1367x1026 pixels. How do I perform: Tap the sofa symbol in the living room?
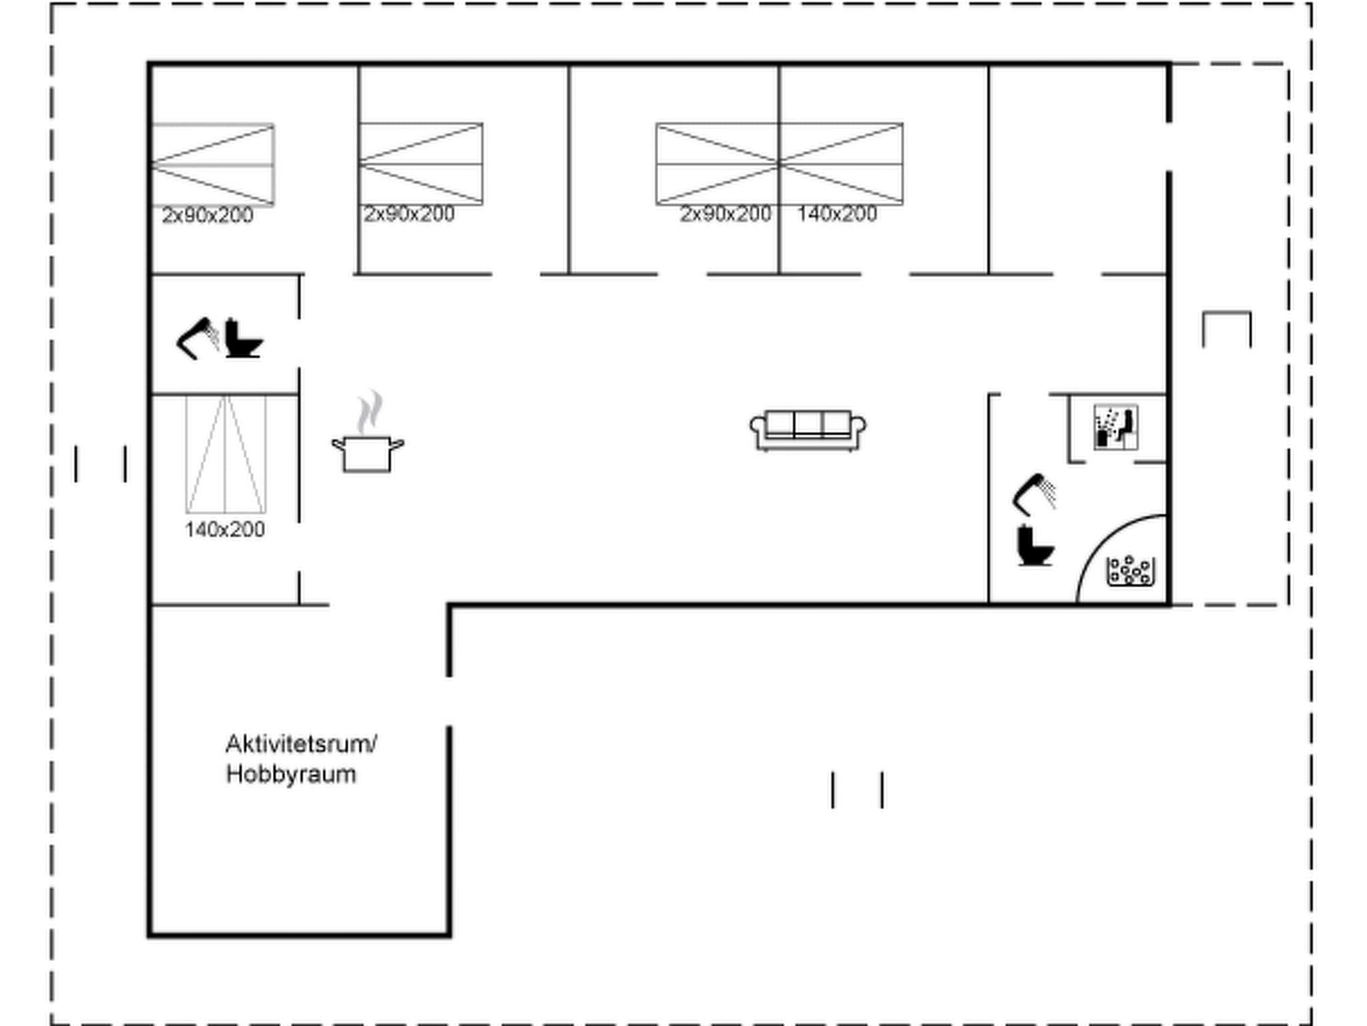[x=808, y=430]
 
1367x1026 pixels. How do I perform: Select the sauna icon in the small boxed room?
[x=1116, y=427]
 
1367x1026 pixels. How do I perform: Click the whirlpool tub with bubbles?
[x=1129, y=571]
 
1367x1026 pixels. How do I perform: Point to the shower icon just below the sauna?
[x=1033, y=495]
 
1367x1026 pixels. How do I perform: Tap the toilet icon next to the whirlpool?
[x=1034, y=546]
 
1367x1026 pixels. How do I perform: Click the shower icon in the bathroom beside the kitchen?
[x=197, y=338]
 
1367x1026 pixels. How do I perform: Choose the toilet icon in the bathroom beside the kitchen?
[x=242, y=339]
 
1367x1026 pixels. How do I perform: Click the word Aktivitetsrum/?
[x=301, y=744]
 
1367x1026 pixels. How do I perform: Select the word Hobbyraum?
[x=291, y=775]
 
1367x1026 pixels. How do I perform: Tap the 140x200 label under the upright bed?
[x=225, y=530]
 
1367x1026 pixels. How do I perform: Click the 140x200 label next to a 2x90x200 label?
[x=837, y=214]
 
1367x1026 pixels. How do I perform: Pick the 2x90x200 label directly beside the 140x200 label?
[x=726, y=214]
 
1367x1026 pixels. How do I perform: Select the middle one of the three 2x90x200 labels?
[x=409, y=214]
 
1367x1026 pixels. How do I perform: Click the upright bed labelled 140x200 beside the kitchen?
[x=226, y=454]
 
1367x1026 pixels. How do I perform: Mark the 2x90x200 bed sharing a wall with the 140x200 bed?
[x=717, y=164]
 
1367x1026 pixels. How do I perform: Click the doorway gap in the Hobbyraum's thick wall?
[x=449, y=701]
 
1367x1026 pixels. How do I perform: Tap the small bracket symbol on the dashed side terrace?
[x=1227, y=327]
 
